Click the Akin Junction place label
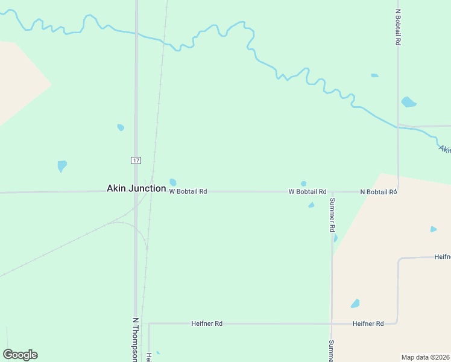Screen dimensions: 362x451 click(x=136, y=188)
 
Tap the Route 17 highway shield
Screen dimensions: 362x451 click(x=136, y=160)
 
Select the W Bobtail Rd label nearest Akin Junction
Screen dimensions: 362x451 click(x=188, y=191)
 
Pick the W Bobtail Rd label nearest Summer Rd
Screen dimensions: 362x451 click(x=307, y=191)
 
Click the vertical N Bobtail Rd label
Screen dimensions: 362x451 click(x=398, y=27)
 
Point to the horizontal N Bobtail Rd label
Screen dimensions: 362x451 click(x=378, y=192)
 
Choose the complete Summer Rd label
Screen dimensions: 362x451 click(x=332, y=215)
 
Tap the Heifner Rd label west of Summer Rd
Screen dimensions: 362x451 click(x=207, y=323)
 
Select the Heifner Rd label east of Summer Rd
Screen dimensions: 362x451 click(x=368, y=323)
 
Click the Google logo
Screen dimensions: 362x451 click(x=20, y=355)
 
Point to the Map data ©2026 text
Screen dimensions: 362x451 click(x=426, y=357)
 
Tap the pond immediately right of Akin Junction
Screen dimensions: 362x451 click(x=173, y=182)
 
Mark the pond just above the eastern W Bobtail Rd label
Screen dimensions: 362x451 click(x=303, y=183)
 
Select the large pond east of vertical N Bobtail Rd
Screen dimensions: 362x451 click(x=409, y=102)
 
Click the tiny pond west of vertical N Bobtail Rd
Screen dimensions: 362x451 click(x=374, y=75)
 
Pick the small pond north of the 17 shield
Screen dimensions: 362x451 click(x=121, y=127)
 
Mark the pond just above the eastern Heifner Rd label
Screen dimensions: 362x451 click(x=356, y=303)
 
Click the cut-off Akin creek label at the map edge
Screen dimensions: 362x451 click(x=444, y=149)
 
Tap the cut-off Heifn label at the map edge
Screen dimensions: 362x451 click(x=443, y=257)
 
